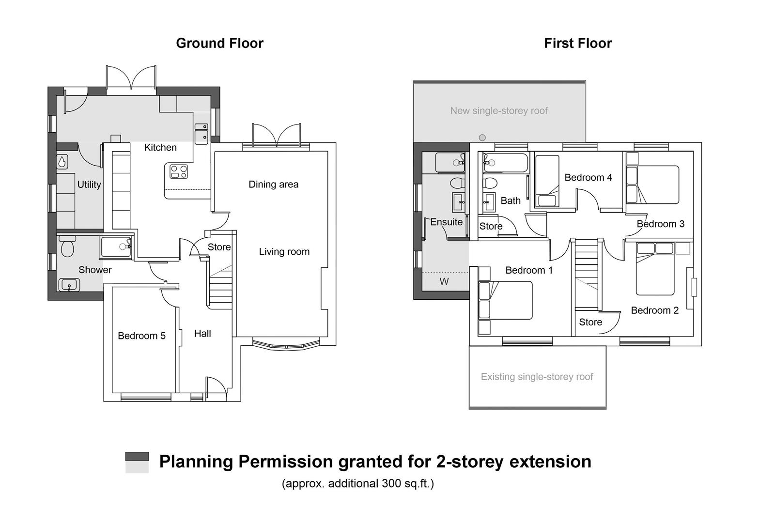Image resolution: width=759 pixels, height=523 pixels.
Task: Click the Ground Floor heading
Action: [x=219, y=43]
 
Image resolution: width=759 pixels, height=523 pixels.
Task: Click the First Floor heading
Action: [x=577, y=43]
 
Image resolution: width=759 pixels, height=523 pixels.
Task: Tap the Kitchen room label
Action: [x=160, y=148]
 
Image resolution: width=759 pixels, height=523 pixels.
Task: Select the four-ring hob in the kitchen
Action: [x=179, y=171]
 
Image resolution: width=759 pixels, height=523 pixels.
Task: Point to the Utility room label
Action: [x=89, y=185]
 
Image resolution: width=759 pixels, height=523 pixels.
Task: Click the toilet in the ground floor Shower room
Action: [x=66, y=247]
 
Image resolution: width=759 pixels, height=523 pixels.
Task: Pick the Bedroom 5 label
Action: [x=141, y=336]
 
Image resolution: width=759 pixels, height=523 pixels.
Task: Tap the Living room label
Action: [x=284, y=252]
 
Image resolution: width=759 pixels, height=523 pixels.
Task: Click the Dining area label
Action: [x=273, y=185]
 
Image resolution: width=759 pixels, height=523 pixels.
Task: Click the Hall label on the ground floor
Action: [x=202, y=334]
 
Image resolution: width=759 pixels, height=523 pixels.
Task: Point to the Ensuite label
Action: [x=446, y=222]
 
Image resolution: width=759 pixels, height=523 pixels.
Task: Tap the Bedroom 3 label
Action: [x=660, y=224]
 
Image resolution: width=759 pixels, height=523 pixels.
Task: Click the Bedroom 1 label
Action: [x=529, y=270]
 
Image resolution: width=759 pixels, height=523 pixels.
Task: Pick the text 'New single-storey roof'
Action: [x=498, y=111]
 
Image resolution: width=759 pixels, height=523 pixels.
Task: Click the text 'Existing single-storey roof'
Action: [x=537, y=377]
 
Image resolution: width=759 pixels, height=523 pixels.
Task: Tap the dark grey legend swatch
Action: [x=137, y=456]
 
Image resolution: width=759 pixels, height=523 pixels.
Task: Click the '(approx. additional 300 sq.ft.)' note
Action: [x=357, y=483]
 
